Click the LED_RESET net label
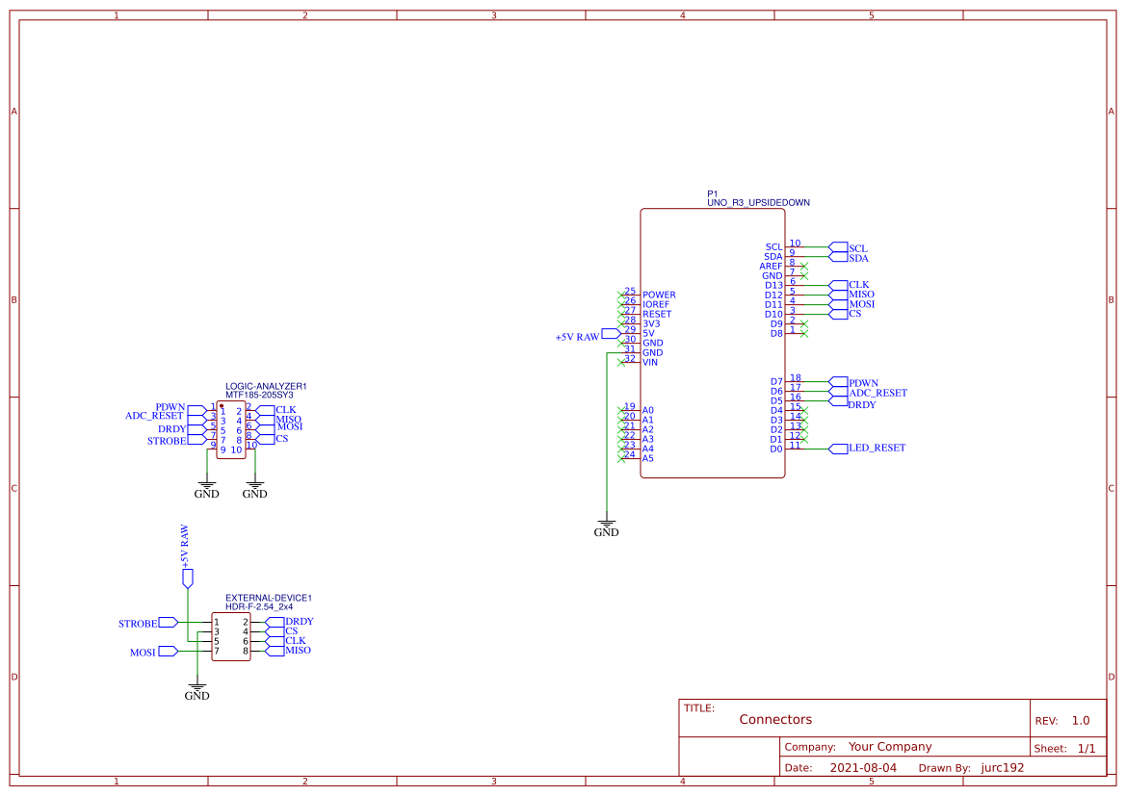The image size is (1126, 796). pos(877,449)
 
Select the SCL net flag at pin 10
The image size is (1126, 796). pos(857,248)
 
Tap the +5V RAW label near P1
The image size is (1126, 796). pos(577,338)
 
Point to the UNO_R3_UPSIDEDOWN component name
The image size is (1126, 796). pos(758,203)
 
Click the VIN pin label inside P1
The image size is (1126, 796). pos(650,362)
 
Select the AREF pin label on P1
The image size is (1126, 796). pos(772,267)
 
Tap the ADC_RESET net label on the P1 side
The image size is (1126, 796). pos(877,393)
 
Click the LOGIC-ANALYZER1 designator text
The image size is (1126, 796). pos(266,386)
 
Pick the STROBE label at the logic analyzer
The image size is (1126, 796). pos(167,441)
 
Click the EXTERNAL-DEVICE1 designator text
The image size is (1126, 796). pos(269,598)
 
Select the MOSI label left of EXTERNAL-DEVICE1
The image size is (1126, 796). pos(143,653)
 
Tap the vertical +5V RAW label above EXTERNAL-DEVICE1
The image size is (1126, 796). pos(185,548)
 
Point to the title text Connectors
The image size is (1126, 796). pos(775,720)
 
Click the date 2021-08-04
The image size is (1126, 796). pos(863,768)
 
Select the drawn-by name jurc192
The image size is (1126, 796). pos(1002,768)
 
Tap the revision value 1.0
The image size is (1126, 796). pos(1080,721)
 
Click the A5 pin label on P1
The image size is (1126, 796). pos(648,458)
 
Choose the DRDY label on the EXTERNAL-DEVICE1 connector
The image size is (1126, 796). pos(299,622)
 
